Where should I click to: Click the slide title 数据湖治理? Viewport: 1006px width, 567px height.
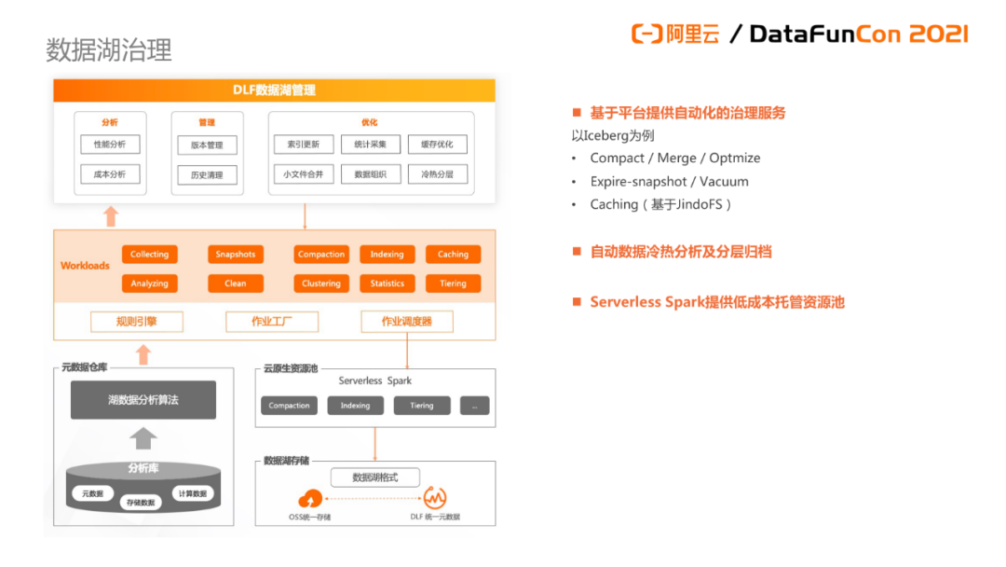click(109, 49)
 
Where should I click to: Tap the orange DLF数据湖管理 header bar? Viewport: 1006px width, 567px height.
click(274, 90)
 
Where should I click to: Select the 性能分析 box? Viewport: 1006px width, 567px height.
click(110, 145)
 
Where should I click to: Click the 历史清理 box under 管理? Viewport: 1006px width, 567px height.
click(207, 174)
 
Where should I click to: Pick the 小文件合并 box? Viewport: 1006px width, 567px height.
click(304, 173)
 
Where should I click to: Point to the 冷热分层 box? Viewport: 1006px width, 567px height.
click(438, 173)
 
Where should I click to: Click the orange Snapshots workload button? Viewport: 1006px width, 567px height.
click(236, 255)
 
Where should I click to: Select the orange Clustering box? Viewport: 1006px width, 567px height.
click(321, 283)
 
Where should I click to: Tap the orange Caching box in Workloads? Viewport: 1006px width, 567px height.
click(453, 255)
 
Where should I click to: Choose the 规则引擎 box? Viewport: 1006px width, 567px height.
click(137, 322)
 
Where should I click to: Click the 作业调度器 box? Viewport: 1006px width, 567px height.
click(407, 322)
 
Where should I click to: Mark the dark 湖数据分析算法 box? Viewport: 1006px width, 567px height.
click(143, 400)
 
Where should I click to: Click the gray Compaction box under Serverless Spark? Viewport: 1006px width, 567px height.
click(289, 406)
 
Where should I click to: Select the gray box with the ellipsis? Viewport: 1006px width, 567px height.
click(474, 406)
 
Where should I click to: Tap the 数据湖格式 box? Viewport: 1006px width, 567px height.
click(374, 477)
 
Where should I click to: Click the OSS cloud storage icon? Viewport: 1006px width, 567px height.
click(310, 499)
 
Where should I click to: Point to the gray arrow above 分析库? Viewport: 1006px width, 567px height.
click(143, 438)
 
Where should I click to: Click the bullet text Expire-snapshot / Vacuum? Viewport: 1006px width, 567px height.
click(669, 181)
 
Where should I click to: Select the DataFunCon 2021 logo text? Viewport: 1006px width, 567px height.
click(858, 35)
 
